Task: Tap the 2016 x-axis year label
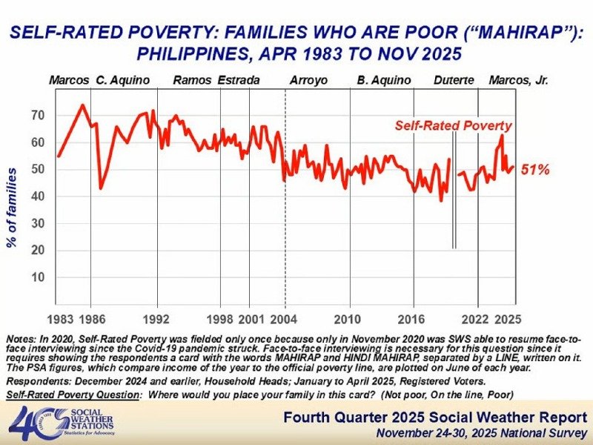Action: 410,320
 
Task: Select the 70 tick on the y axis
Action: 38,116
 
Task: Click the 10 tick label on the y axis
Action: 38,277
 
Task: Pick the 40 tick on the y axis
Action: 38,197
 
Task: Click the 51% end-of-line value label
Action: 534,170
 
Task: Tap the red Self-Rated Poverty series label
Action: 453,125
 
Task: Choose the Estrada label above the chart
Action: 239,79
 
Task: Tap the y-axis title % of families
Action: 13,208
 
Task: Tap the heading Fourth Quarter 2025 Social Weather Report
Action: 435,417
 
